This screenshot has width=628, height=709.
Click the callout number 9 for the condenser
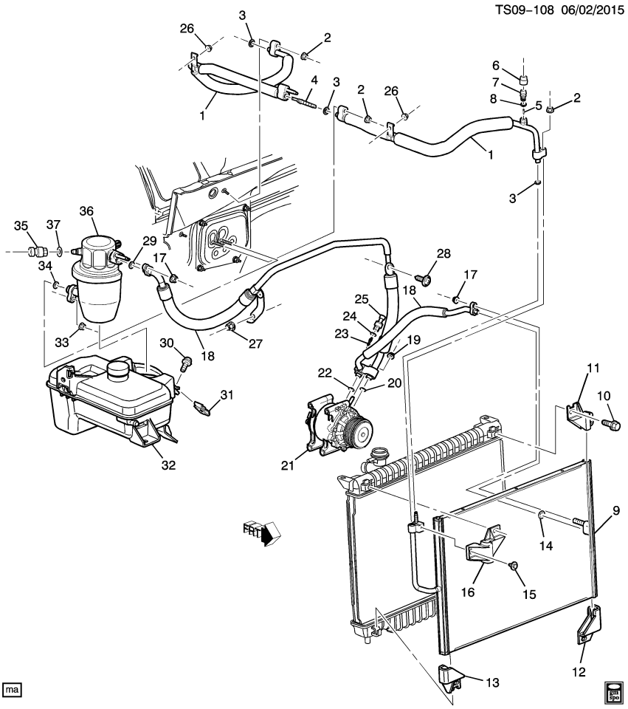click(x=615, y=510)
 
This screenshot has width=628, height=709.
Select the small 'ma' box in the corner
click(x=13, y=689)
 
